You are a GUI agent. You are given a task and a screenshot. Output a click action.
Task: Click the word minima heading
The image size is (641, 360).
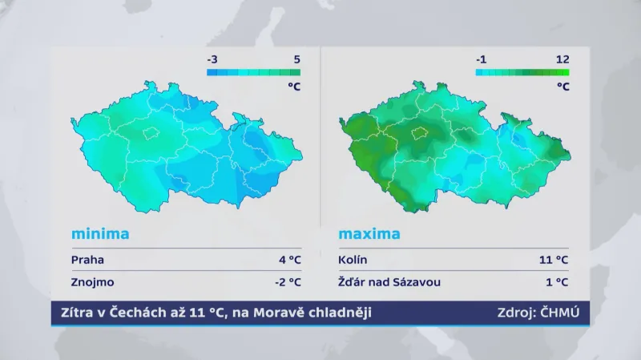pos(100,234)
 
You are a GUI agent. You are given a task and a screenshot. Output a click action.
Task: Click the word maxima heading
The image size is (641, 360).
pos(369,234)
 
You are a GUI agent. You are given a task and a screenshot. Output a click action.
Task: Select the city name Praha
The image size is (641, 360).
pos(87,260)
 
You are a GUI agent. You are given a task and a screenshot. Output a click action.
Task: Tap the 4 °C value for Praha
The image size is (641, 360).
pos(289,260)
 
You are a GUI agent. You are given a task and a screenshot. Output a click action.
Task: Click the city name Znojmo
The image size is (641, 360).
pos(92,281)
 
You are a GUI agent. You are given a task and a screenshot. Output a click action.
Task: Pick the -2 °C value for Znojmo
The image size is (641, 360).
pos(287,281)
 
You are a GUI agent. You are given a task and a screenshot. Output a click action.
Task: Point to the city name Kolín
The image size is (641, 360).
pos(353,260)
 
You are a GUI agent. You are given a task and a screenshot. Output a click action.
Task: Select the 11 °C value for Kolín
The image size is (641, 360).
pos(554,260)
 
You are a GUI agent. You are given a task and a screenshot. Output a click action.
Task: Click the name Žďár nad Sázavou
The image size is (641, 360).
pos(389,281)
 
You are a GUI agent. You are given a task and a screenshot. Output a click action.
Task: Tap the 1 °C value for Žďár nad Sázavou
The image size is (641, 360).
pos(558,281)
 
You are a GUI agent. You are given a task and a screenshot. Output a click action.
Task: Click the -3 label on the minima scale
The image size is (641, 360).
pos(212,59)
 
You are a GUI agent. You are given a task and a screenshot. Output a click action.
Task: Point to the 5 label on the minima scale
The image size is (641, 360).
pos(296,59)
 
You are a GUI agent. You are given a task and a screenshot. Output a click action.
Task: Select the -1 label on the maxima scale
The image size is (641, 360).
pos(481,59)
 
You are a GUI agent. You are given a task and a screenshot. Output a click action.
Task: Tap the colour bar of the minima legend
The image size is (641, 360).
pos(253,71)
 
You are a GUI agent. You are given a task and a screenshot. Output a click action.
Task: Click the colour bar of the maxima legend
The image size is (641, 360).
pos(522,71)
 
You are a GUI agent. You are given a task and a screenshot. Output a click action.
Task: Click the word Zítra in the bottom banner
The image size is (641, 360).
pos(72,312)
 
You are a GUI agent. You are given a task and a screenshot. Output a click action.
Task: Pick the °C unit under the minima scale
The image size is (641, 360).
pos(293,86)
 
